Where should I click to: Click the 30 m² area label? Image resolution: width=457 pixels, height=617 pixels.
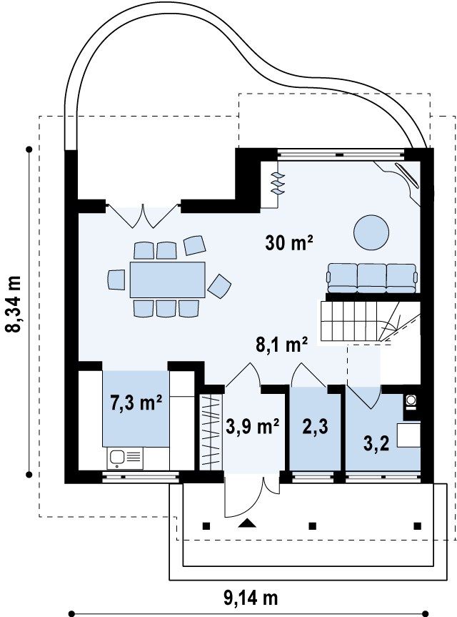pos(288,242)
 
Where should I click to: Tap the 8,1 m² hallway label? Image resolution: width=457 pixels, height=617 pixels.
pos(281,346)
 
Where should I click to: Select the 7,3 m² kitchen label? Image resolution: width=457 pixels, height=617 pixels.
pos(136,404)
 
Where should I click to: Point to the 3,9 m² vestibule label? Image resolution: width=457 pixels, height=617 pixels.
pos(253,427)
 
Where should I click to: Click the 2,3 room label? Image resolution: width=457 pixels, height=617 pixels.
pos(315,427)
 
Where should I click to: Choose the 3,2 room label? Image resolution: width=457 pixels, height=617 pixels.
pos(376,444)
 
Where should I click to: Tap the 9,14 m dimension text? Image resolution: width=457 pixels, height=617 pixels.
pos(251,598)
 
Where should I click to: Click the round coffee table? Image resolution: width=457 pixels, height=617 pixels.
pos(371,232)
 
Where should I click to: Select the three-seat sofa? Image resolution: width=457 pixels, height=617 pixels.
pos(372,278)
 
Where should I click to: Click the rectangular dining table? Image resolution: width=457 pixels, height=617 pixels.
pos(168,280)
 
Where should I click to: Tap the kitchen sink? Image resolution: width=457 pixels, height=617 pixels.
pos(125,458)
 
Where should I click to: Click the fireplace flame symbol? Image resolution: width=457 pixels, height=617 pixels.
pos(278,182)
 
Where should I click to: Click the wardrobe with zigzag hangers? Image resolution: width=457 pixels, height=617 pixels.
pos(210,432)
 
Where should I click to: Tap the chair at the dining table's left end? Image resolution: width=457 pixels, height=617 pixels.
pos(116,280)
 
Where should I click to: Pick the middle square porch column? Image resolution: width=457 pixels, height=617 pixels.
pos(313,525)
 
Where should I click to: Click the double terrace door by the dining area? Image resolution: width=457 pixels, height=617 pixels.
pos(144,216)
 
